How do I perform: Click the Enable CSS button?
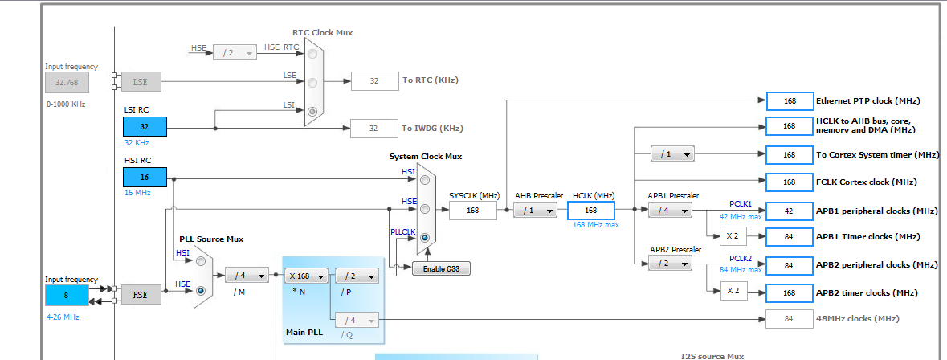tap(441, 268)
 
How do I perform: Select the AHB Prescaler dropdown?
tap(536, 211)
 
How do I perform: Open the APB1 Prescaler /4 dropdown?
tap(670, 211)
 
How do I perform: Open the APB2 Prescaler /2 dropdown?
tap(670, 264)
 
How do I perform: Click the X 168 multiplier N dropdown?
tap(306, 276)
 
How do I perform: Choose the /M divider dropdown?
tap(247, 276)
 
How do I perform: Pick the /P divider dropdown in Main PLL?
tap(356, 276)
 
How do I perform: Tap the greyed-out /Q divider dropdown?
tap(356, 320)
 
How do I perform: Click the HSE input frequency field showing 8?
tap(67, 295)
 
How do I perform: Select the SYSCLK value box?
tap(473, 211)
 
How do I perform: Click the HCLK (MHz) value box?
tap(590, 211)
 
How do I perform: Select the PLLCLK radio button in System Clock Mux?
tap(424, 239)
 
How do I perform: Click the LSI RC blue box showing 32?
tap(145, 127)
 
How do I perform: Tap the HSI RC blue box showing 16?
tap(145, 178)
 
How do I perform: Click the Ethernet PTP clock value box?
tap(790, 101)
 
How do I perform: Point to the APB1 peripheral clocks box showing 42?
tap(790, 211)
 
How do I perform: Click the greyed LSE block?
tap(141, 81)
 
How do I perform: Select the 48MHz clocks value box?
tap(790, 319)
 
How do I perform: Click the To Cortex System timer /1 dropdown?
tap(673, 154)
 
